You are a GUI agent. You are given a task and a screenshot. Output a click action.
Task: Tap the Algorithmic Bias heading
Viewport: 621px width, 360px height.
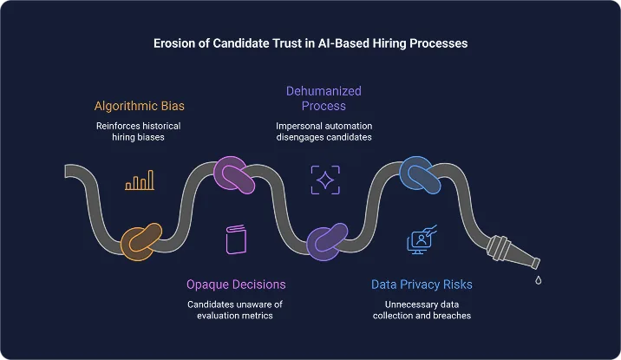pos(141,107)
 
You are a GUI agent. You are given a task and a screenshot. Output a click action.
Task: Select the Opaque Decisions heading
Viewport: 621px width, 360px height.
pos(236,284)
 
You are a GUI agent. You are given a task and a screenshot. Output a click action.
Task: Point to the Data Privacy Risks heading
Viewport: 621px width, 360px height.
pos(422,284)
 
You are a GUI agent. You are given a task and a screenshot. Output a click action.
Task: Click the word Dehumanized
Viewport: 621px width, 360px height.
pos(324,90)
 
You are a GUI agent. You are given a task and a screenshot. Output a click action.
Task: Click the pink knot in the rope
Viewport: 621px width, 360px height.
pos(233,173)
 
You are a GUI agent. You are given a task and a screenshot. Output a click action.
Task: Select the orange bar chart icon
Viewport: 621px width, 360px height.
pos(140,180)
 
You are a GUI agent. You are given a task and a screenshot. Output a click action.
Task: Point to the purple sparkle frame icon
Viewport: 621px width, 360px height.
pos(325,180)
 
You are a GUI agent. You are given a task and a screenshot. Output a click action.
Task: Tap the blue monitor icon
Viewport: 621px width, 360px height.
pos(421,240)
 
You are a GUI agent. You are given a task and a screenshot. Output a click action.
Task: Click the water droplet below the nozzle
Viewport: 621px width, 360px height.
pos(539,279)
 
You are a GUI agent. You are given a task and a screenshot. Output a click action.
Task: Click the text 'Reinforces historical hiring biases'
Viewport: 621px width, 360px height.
pos(141,133)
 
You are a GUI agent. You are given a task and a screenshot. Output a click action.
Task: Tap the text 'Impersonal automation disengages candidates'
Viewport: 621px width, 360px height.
pos(324,133)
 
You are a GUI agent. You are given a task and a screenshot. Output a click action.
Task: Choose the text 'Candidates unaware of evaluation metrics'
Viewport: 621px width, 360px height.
pos(236,310)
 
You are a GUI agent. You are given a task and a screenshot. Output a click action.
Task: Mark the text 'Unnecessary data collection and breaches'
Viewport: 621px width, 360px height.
pos(422,310)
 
